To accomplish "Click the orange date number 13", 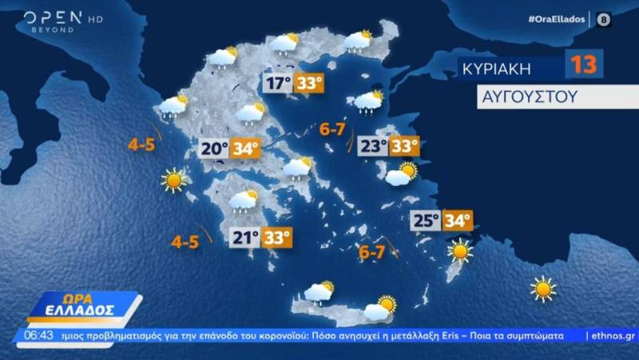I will click(584, 65).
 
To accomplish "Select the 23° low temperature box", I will click(371, 147).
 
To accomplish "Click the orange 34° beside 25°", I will click(458, 220).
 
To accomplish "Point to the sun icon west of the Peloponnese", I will click(173, 180).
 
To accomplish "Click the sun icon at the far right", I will click(543, 288).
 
